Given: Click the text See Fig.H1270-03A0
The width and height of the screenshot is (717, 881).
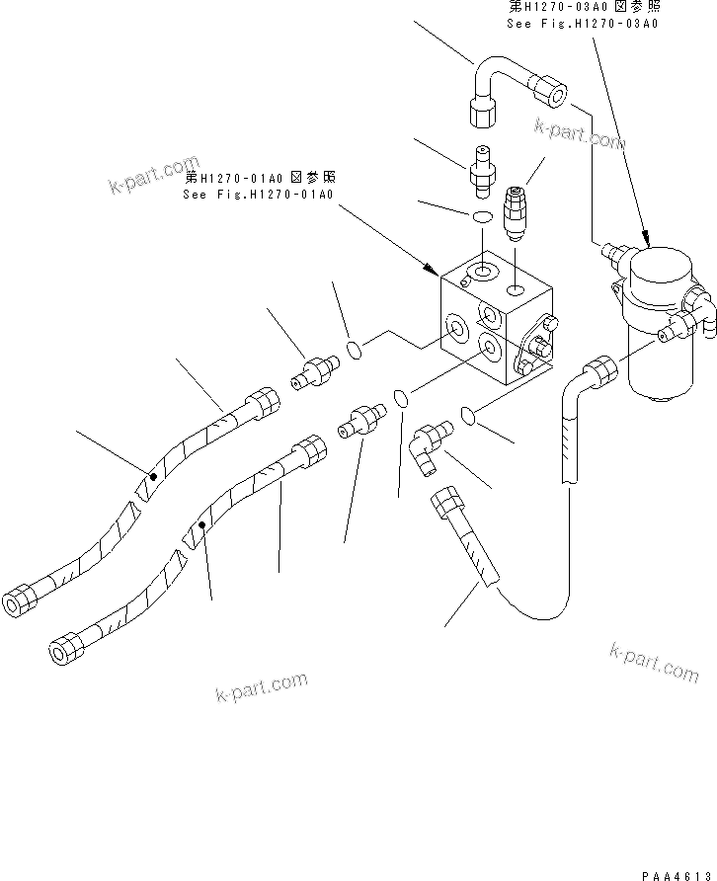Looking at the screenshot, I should point(582,23).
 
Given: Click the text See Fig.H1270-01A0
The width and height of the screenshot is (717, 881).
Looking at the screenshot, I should point(259,195).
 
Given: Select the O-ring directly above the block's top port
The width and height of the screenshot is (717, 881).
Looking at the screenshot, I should point(483,216).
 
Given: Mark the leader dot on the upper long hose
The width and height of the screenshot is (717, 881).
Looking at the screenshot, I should point(153,477).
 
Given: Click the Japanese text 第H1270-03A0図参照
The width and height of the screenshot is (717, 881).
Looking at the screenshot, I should point(582,6).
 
